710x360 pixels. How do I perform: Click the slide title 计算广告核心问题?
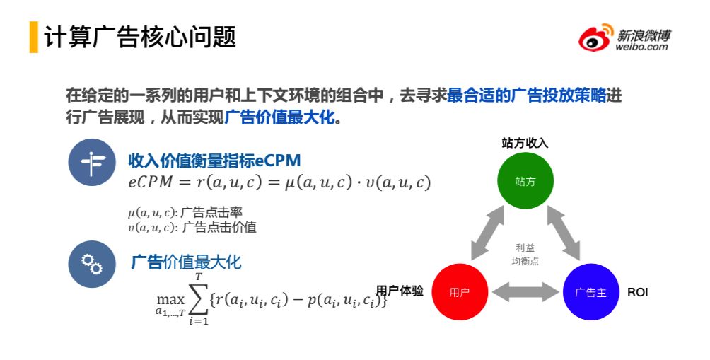140,37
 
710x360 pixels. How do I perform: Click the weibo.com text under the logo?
641,46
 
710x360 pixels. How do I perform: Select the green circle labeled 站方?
525,180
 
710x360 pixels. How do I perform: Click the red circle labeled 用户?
460,292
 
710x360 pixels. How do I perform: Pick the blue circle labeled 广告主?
591,292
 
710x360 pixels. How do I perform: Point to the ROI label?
638,293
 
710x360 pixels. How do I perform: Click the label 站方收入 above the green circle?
525,143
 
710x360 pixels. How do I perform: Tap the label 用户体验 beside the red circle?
400,291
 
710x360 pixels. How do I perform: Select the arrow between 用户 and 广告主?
525,292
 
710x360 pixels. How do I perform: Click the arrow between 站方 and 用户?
487,233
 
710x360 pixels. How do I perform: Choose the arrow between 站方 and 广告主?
564,233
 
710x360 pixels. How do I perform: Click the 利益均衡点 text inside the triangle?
525,254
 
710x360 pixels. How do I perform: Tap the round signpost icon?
92,163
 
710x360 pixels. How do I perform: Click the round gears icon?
92,264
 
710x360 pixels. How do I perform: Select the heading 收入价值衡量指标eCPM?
214,161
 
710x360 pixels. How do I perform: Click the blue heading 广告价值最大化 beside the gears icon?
186,262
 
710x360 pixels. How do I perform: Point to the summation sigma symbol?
199,299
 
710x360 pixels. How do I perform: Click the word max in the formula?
170,300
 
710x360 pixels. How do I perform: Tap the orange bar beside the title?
33,37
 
